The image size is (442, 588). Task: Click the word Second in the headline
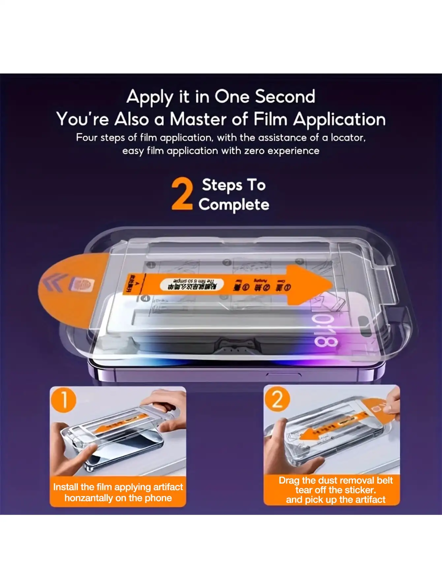pos(285,97)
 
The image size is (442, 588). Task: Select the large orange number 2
pos(182,194)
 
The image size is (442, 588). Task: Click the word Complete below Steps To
pos(234,205)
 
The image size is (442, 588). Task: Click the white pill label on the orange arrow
pos(192,285)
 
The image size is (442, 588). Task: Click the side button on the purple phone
pos(284,374)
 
